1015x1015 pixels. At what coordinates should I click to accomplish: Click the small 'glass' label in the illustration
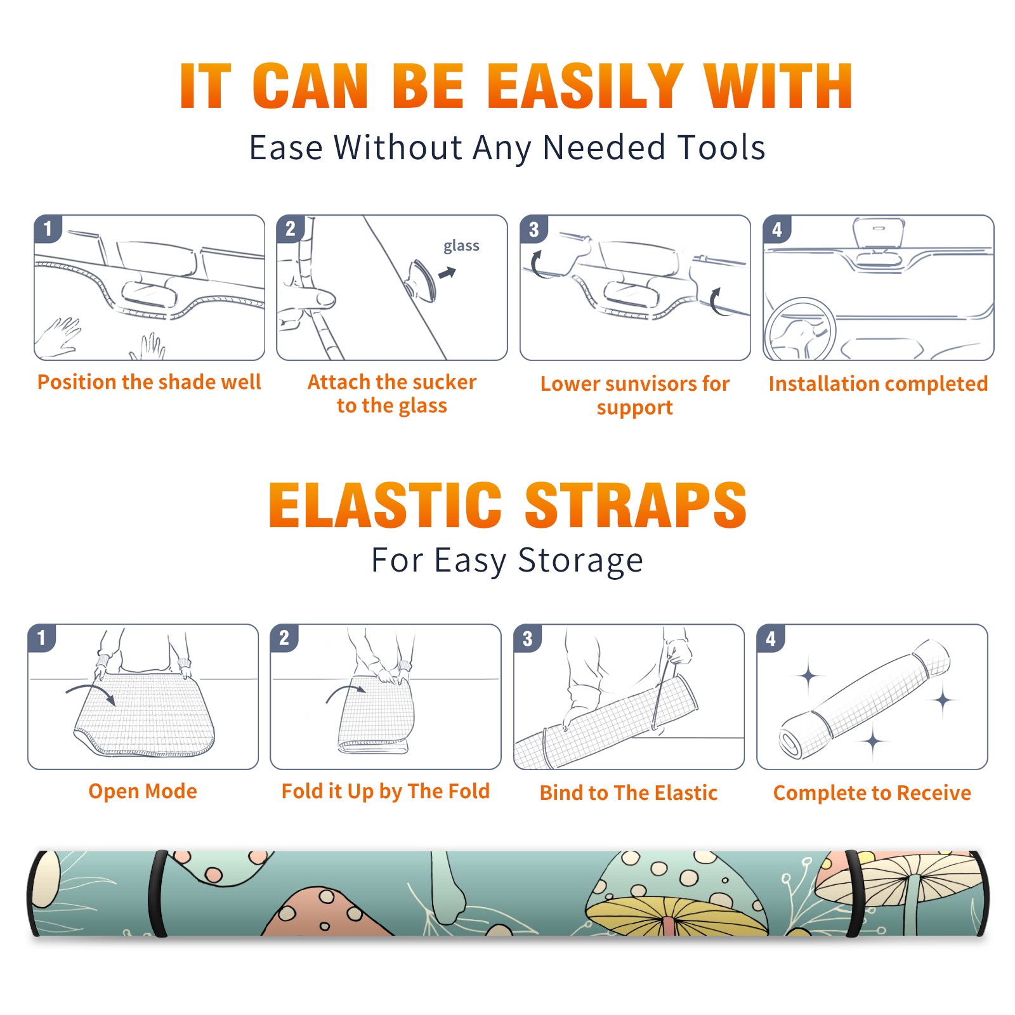(461, 246)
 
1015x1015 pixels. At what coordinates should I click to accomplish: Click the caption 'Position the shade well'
(149, 382)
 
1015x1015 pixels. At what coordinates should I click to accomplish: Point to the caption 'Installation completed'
(878, 384)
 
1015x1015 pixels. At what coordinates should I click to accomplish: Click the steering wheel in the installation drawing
(800, 329)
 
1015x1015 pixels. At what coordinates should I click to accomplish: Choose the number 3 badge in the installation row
(534, 229)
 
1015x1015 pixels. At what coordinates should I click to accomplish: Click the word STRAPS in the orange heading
(636, 505)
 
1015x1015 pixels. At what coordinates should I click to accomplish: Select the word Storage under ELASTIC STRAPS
(580, 561)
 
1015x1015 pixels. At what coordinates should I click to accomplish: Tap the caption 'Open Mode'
(143, 791)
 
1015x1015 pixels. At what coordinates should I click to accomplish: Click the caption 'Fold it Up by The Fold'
(386, 791)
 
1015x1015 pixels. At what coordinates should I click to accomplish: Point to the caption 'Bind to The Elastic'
(629, 793)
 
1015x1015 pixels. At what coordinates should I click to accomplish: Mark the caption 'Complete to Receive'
(872, 793)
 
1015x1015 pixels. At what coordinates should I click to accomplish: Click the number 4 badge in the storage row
(771, 638)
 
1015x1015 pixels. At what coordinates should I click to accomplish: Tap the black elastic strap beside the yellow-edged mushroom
(855, 894)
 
